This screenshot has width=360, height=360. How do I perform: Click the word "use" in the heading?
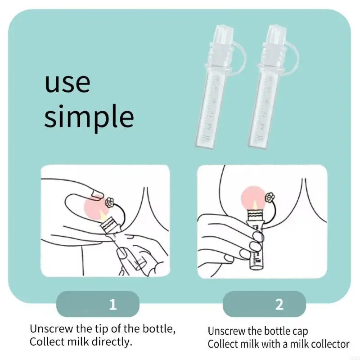[67, 83]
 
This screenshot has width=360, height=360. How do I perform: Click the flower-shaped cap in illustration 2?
[271, 197]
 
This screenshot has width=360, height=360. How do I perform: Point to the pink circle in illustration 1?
[95, 207]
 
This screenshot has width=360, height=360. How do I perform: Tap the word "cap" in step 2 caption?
[300, 331]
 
